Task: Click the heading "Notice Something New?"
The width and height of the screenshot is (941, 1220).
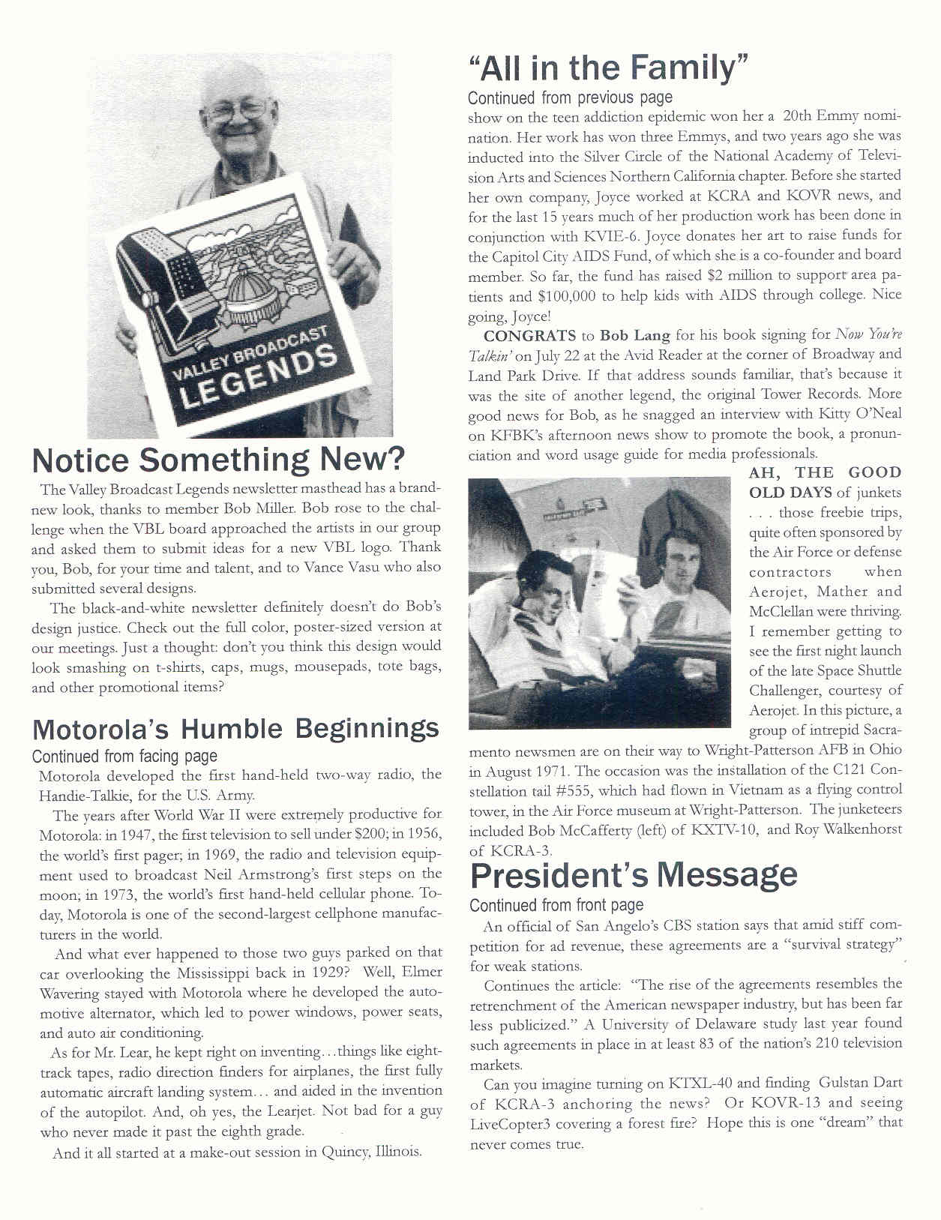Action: (218, 459)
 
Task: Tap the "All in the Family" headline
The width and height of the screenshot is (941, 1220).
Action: (609, 68)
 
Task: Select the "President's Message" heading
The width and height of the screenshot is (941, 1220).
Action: (634, 875)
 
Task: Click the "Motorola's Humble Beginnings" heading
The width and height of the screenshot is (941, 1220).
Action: (235, 728)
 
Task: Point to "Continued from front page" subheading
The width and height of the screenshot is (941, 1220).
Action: (556, 905)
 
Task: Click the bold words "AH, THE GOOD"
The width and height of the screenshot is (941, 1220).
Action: (825, 472)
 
